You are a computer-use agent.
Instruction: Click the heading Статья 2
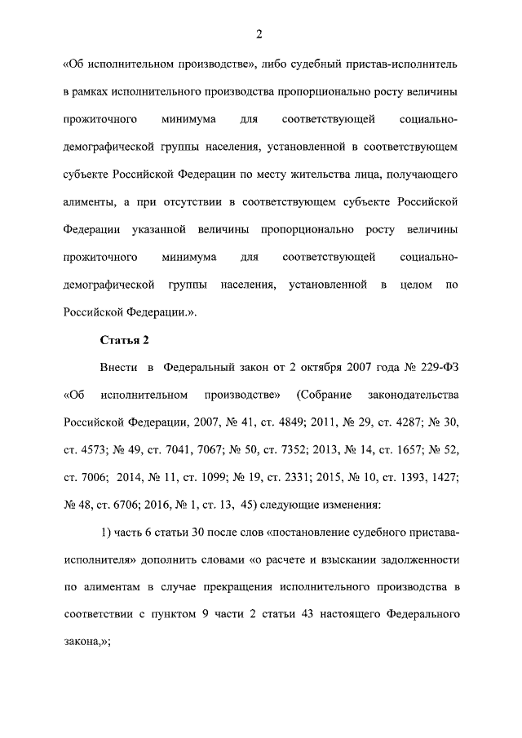coord(124,338)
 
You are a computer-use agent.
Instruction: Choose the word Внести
coord(117,367)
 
